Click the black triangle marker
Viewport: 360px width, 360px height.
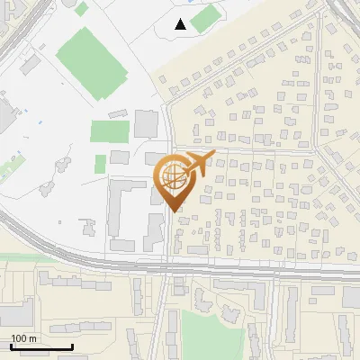pos(181,24)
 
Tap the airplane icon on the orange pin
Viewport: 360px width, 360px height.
pos(197,164)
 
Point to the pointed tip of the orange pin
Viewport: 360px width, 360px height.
pos(173,210)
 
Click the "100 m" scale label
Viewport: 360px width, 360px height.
pos(24,338)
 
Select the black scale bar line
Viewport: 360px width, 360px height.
pos(41,347)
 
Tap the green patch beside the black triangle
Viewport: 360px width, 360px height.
pos(205,18)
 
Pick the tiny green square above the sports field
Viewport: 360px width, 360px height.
pos(82,9)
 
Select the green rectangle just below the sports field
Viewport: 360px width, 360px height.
pos(110,131)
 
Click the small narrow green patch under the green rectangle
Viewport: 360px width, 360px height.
pos(101,164)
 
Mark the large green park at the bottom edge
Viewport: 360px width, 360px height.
pos(213,333)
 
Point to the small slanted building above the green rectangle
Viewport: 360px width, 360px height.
pos(118,113)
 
